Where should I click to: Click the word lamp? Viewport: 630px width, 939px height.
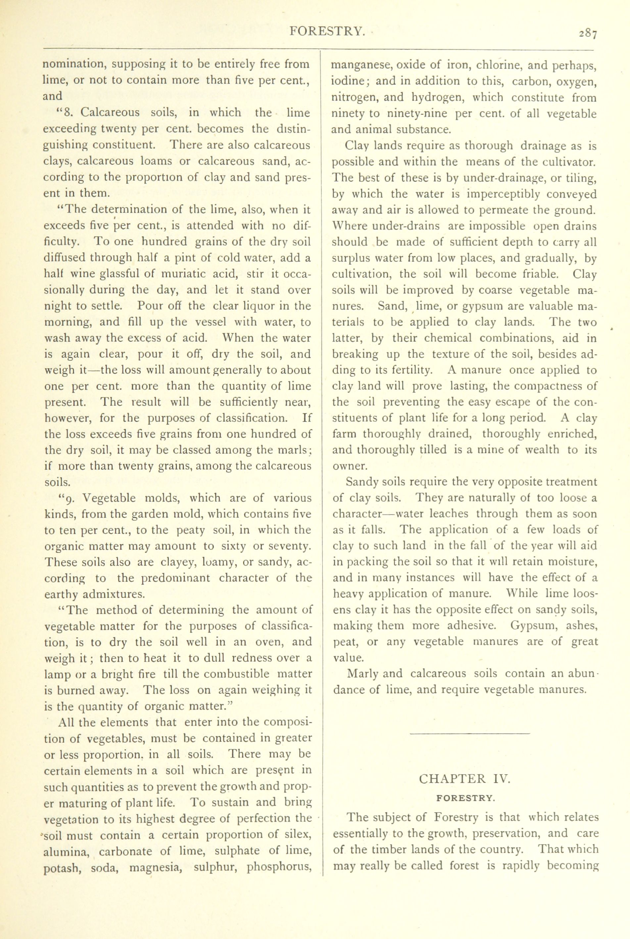[x=57, y=674]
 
